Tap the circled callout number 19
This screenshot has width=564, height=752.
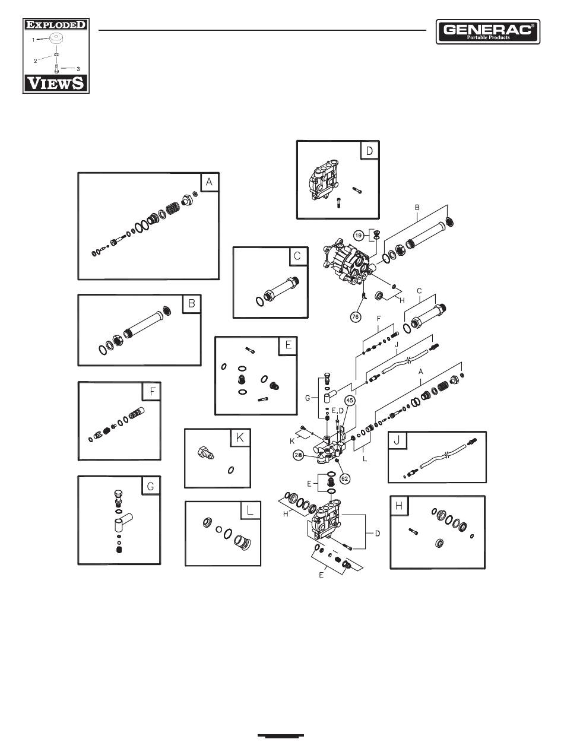[x=359, y=236]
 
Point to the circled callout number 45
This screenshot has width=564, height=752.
[x=350, y=401]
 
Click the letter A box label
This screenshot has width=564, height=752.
[x=209, y=183]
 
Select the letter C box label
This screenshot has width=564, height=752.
[x=298, y=256]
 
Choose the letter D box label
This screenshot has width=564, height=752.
[x=369, y=151]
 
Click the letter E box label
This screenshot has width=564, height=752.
[x=288, y=346]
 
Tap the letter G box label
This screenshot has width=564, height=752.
[x=150, y=486]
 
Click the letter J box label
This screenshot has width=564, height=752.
[x=398, y=442]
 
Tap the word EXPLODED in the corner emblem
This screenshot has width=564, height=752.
[x=55, y=26]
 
